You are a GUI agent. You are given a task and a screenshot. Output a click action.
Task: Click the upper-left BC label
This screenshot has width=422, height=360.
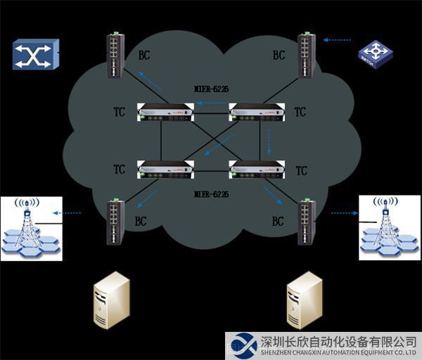[143, 54]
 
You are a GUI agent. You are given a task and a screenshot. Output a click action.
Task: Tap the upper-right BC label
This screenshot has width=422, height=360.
[279, 55]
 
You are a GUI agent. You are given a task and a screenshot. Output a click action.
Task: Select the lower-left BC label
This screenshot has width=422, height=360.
[141, 221]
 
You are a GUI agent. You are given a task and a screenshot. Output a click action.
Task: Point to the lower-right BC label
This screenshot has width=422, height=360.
[279, 221]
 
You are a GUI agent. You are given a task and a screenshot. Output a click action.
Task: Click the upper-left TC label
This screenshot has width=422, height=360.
[120, 112]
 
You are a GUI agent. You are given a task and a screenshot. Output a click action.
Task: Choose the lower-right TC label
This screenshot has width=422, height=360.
[302, 171]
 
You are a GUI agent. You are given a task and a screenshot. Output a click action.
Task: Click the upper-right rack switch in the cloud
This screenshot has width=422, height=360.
[257, 112]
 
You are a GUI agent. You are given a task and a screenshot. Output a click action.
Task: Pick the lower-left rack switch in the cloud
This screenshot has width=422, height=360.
[165, 169]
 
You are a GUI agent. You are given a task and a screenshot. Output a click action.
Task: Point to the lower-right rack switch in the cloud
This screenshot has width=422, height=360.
[257, 169]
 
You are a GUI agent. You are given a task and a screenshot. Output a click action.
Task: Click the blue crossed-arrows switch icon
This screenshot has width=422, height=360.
[35, 55]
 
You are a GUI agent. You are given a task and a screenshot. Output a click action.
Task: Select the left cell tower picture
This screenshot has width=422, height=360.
[31, 229]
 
